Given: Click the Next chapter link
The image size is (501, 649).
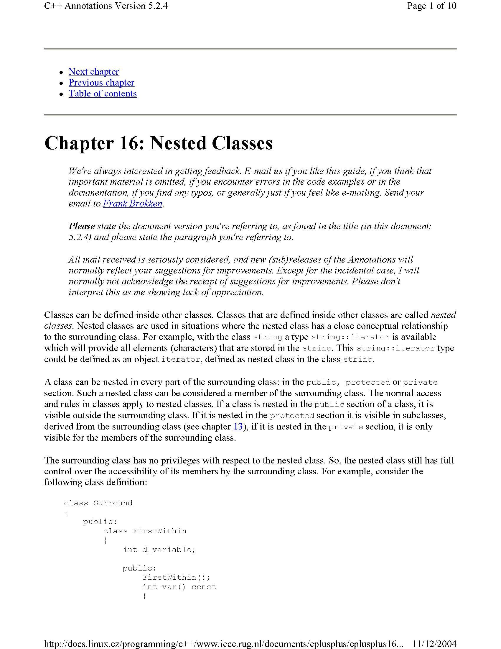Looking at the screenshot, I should click(93, 72).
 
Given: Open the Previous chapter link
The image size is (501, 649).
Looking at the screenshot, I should click(101, 83).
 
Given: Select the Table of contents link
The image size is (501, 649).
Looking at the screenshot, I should click(102, 94).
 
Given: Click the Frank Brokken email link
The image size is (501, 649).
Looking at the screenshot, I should click(132, 204).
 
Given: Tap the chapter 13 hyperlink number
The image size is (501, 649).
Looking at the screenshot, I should click(238, 427).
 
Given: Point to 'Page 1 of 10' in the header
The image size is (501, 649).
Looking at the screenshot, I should click(431, 6).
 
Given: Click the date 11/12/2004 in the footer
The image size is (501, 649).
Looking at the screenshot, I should click(434, 644).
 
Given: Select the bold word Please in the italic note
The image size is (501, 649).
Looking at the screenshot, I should click(82, 227).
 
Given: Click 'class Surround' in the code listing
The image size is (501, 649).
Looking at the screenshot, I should click(98, 503).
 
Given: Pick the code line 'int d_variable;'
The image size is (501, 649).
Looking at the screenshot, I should click(159, 550).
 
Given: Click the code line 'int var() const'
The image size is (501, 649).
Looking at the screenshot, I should click(179, 587).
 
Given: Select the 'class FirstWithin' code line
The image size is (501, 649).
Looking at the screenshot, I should click(144, 531).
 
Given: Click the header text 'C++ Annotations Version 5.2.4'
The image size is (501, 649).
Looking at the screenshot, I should click(106, 6).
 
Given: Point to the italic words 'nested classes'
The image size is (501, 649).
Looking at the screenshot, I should click(443, 315).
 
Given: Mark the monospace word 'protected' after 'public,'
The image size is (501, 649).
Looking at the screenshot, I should click(367, 382).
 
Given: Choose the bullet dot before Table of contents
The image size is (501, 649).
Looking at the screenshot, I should click(61, 94).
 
